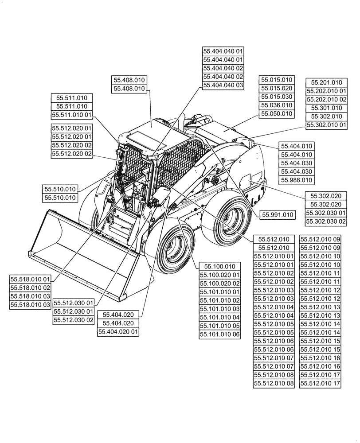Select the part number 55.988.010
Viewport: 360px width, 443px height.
point(296,180)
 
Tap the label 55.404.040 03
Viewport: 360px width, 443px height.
point(223,85)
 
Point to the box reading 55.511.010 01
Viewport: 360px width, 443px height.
point(72,115)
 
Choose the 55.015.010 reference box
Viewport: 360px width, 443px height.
point(277,80)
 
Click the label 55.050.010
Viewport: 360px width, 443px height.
point(277,114)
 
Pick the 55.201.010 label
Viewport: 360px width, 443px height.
point(326,83)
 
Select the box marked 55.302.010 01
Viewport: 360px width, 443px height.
point(326,125)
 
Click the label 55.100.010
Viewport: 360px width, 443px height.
point(219,267)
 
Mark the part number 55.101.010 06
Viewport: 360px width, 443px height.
point(219,334)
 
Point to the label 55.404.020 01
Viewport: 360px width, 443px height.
point(118,331)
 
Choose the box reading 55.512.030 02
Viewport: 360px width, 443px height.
point(74,320)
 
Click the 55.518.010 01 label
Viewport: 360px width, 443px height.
point(31,279)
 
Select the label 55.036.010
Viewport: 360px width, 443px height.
point(277,105)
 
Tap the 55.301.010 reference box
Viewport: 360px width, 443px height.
point(326,108)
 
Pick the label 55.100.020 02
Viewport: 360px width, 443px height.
point(219,284)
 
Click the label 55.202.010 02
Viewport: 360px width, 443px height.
point(326,100)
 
